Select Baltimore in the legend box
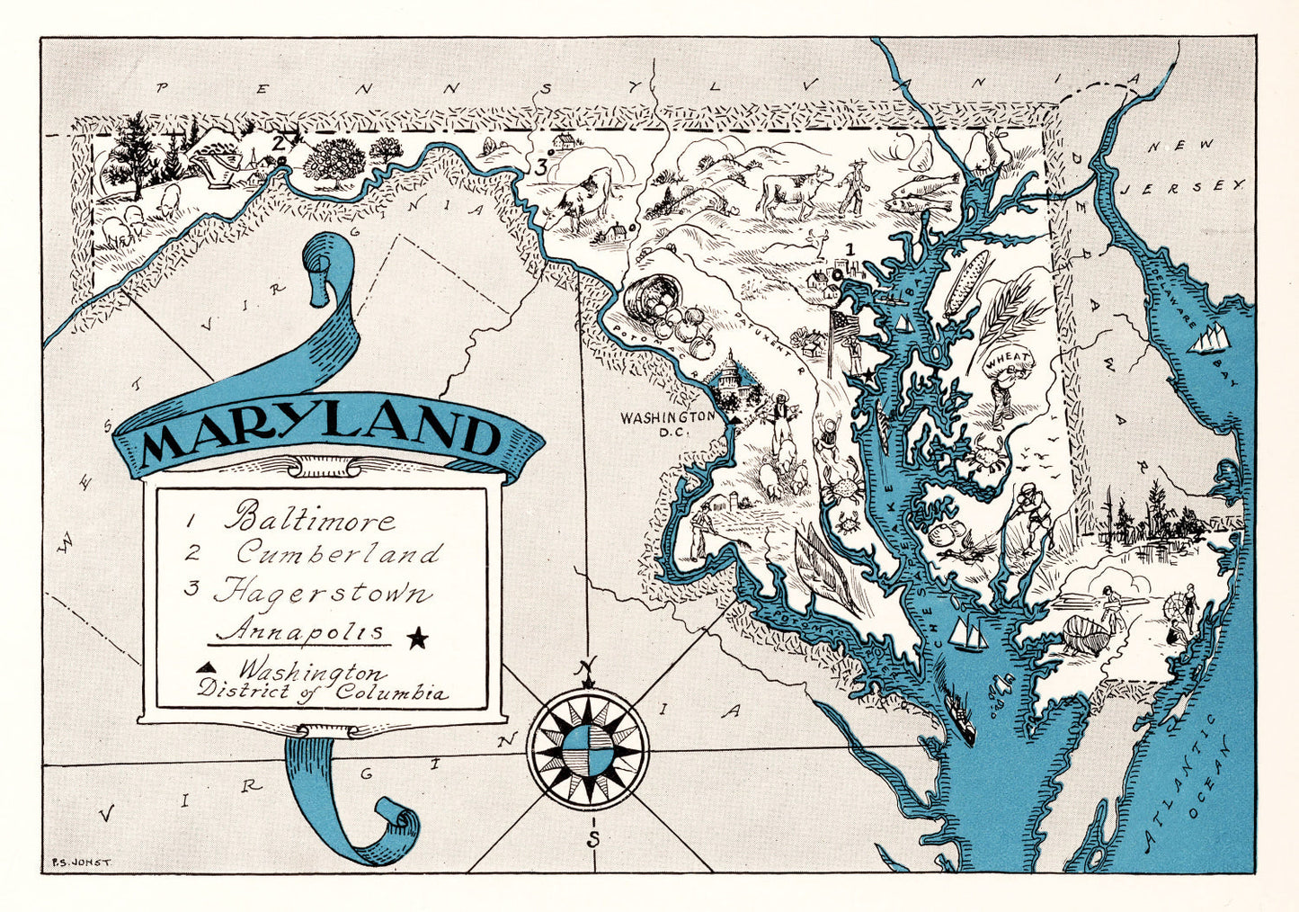[309, 520]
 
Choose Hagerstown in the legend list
[323, 593]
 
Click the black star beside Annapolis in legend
[417, 639]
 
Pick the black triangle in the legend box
[206, 666]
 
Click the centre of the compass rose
[588, 748]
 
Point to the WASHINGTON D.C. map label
[669, 424]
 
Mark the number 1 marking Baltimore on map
[850, 250]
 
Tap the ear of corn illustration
[965, 282]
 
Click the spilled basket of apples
[665, 308]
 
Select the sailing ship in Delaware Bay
[1211, 337]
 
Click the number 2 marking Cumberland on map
[279, 141]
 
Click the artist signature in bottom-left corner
[81, 861]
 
